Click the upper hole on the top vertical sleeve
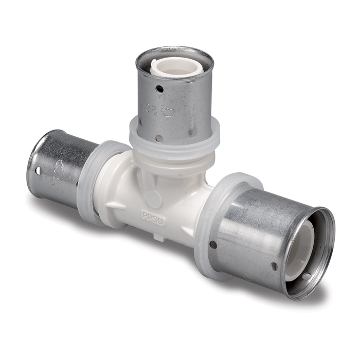[x=159, y=89]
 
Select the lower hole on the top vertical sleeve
[x=160, y=138]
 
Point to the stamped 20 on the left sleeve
[x=53, y=181]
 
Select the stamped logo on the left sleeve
[x=59, y=166]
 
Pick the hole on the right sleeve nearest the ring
[x=213, y=245]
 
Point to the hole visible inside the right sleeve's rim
[x=307, y=277]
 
